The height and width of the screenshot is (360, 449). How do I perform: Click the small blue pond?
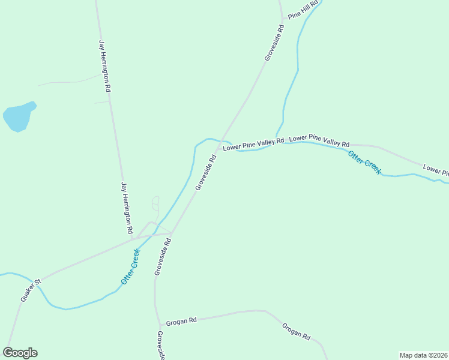click(19, 116)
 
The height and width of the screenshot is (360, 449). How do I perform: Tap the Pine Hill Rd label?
click(302, 13)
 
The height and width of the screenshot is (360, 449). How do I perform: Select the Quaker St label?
click(30, 290)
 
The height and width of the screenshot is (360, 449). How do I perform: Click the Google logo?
click(20, 353)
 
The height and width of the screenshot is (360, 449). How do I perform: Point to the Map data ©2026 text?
click(423, 355)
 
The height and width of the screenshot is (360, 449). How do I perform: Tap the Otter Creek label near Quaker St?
click(130, 266)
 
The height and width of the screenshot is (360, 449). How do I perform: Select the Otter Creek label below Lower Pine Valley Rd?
click(364, 162)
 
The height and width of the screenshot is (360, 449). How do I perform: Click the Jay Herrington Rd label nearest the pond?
click(105, 65)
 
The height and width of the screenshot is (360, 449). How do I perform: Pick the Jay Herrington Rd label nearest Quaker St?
click(127, 208)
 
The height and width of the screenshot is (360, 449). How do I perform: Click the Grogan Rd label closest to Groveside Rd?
click(182, 321)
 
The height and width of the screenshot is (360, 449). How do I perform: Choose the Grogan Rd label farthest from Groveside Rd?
click(296, 331)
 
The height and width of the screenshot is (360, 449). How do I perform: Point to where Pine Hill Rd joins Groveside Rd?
click(282, 19)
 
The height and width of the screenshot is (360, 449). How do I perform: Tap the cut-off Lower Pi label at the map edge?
click(436, 170)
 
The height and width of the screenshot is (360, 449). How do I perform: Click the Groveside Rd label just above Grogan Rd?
click(163, 256)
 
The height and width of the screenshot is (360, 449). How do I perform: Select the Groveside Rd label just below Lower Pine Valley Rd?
click(205, 173)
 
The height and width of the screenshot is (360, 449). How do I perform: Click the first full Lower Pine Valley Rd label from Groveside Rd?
click(253, 145)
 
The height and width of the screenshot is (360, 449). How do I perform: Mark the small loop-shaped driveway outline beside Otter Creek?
click(155, 203)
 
